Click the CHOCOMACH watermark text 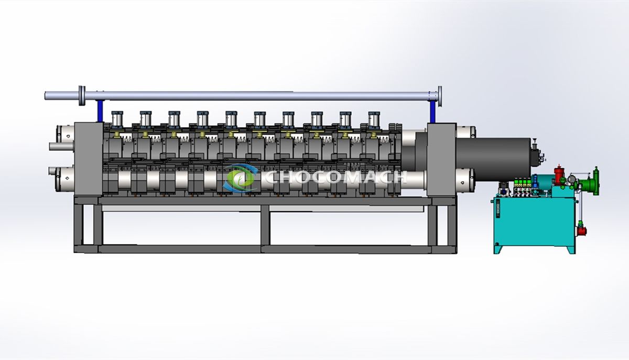tap(336, 177)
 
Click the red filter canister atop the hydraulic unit tap(559, 175)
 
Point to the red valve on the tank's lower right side tap(581, 230)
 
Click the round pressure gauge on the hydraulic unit tap(571, 179)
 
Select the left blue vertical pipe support tap(100, 111)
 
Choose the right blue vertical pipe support tap(433, 112)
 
